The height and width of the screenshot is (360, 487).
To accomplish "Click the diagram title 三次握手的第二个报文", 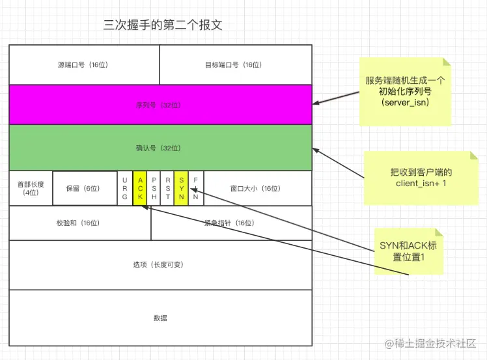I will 163,26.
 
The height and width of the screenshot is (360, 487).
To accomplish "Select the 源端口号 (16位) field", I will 84,65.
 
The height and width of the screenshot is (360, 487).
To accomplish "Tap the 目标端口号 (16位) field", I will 235,65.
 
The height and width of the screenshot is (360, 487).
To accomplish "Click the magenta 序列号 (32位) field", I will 160,105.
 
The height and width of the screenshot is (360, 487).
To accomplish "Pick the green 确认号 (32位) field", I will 160,148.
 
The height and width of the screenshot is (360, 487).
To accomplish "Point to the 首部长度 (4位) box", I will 31,188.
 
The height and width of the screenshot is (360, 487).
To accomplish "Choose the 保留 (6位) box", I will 84,188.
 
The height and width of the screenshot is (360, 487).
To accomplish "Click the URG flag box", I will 125,188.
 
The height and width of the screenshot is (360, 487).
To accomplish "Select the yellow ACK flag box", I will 139,188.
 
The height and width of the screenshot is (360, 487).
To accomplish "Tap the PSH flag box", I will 154,188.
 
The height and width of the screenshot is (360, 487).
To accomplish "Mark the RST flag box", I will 167,188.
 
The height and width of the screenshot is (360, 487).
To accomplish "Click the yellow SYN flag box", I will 182,188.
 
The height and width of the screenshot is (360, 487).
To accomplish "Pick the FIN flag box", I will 196,188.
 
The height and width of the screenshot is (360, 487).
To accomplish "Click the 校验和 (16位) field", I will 79,223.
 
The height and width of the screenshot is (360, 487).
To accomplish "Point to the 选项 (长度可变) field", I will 160,265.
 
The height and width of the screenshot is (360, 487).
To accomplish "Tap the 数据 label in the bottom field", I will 160,318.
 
